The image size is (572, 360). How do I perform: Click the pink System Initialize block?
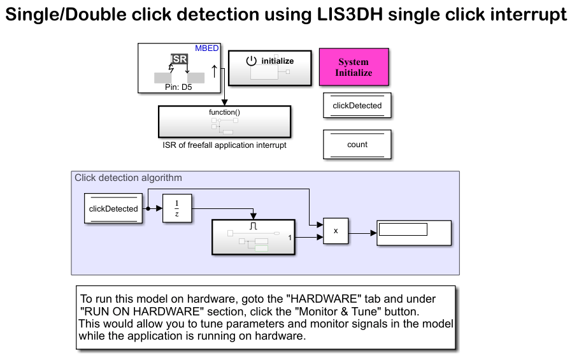354,67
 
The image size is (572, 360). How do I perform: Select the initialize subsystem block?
265,68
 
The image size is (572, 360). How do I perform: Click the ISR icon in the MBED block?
179,59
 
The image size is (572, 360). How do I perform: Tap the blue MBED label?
207,48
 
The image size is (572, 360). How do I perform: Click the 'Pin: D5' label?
178,88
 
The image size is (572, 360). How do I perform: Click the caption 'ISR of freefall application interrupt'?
224,145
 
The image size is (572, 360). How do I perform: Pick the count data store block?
357,145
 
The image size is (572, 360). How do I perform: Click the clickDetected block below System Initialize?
357,106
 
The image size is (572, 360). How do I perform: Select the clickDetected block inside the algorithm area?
113,208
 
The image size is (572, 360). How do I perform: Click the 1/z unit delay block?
176,208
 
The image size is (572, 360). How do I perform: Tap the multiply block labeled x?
336,231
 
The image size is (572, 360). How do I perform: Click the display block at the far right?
413,233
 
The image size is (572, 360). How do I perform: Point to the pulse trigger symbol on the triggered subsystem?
253,226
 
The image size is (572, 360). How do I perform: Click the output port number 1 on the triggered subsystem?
290,238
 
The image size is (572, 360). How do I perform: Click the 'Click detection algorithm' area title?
128,178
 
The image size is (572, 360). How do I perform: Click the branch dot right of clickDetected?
148,208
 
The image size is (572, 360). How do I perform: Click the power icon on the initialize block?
251,61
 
